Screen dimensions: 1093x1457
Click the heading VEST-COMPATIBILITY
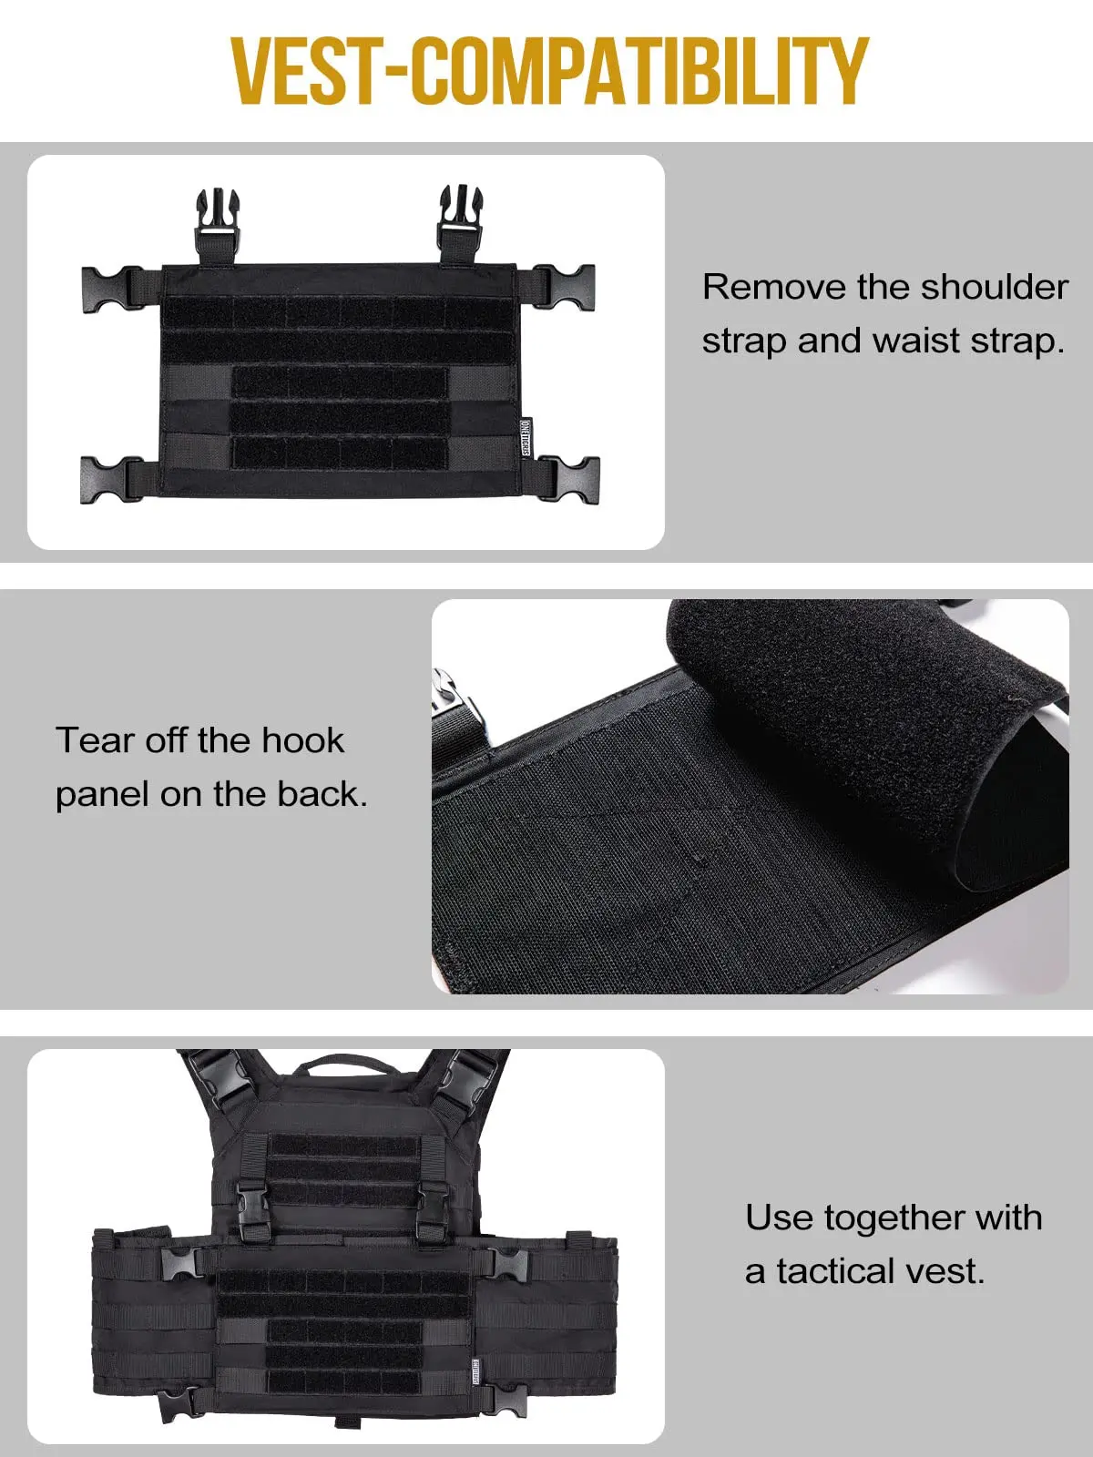[x=549, y=71]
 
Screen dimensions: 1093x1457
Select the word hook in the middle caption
[x=303, y=740]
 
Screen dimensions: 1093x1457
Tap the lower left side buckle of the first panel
[x=112, y=480]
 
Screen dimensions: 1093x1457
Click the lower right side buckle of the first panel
[x=568, y=479]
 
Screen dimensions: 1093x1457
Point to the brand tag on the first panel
[x=526, y=437]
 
